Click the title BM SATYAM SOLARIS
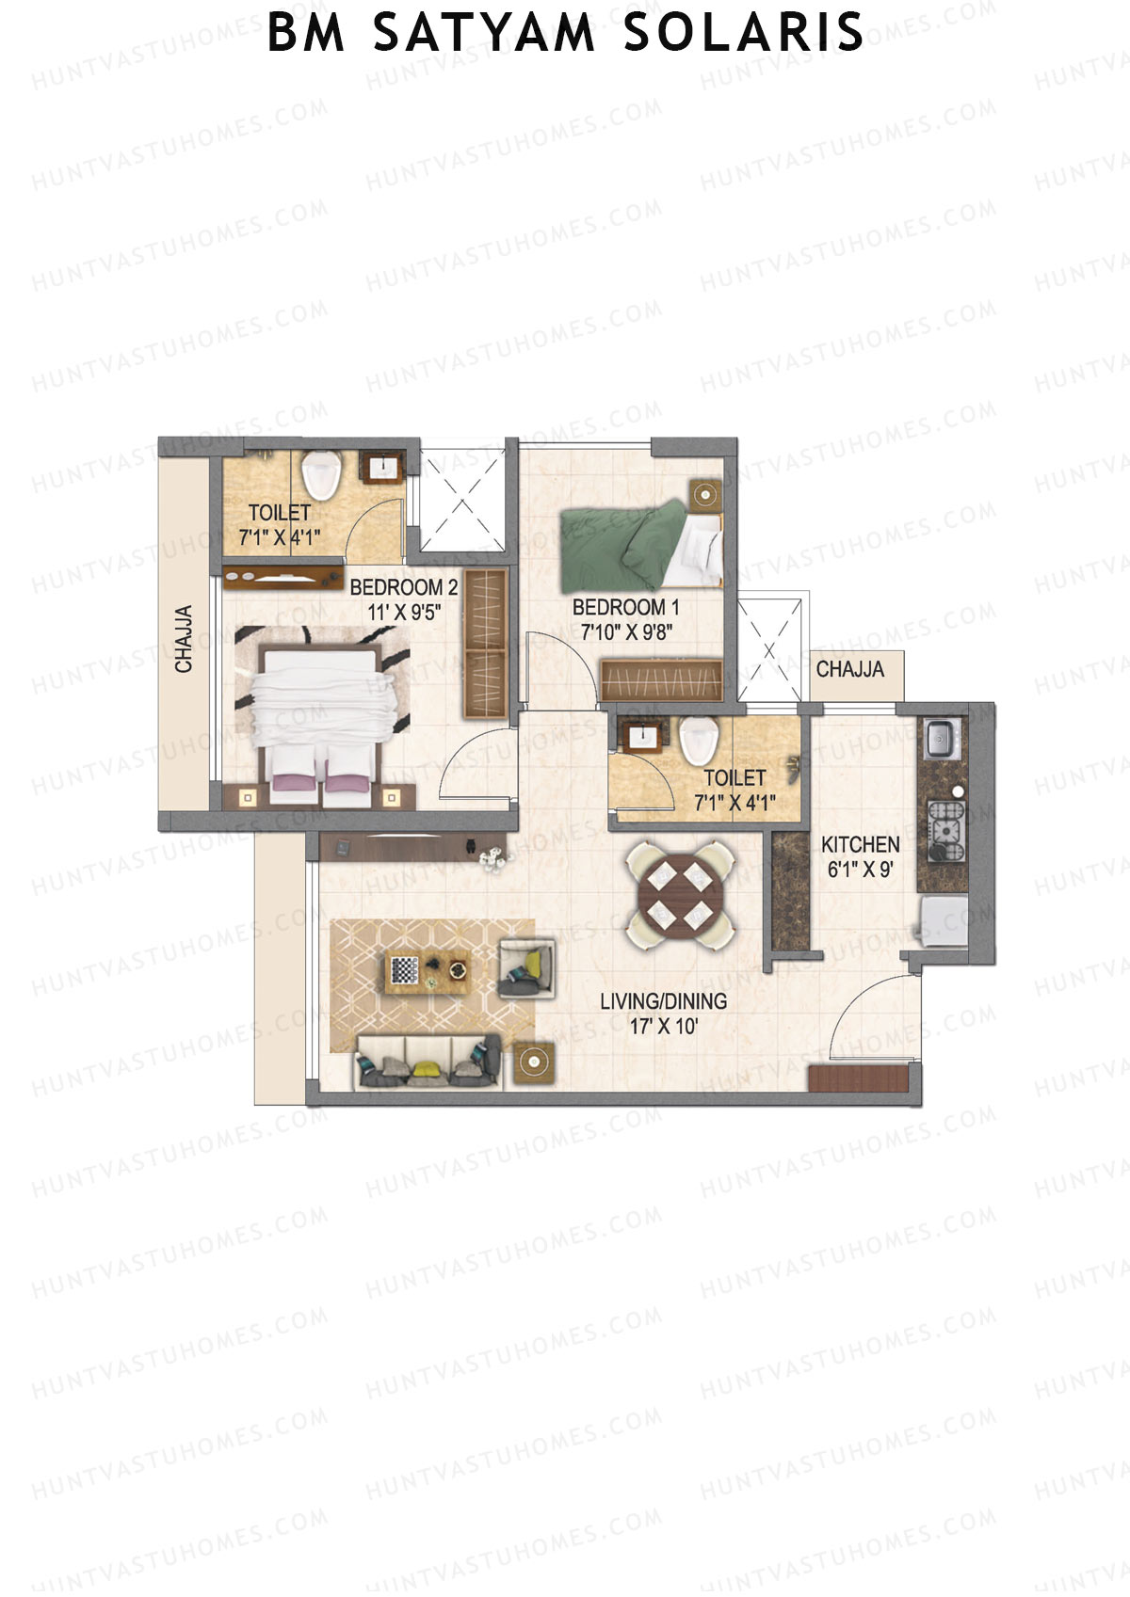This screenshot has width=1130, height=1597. (x=565, y=32)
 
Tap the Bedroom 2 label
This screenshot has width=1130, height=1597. (x=403, y=588)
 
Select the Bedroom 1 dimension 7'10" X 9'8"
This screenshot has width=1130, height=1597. (x=625, y=631)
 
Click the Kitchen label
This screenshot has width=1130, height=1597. (x=860, y=844)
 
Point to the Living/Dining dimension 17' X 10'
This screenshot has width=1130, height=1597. (x=663, y=1026)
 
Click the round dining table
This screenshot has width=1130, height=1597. (x=680, y=894)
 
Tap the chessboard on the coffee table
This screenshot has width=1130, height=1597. (x=404, y=969)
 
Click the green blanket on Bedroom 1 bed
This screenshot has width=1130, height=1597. (x=621, y=546)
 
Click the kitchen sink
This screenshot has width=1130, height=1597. (x=939, y=738)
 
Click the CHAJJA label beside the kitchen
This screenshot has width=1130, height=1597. (x=849, y=669)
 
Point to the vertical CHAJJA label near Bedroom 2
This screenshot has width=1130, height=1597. (x=184, y=639)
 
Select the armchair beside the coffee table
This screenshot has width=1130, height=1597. (x=525, y=967)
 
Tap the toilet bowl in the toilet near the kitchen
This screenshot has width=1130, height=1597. (x=698, y=739)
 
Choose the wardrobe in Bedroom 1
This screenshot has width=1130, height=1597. (x=661, y=679)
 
